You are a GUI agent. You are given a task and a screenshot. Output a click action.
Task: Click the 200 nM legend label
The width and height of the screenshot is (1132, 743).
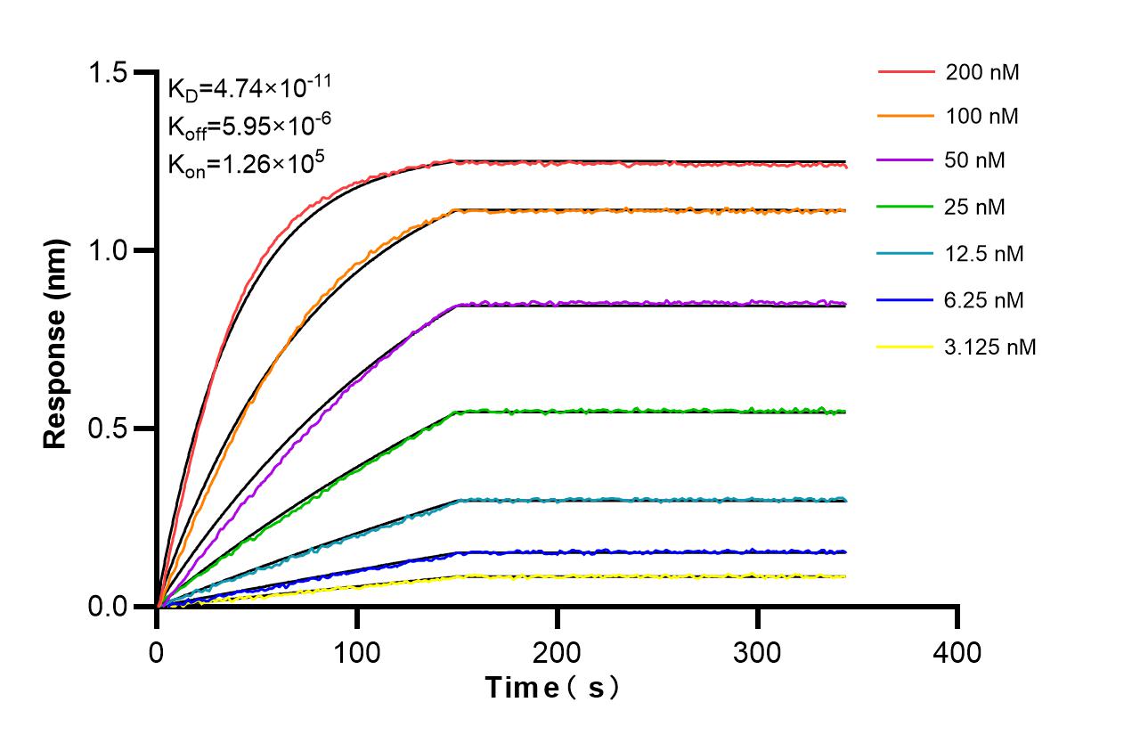pyautogui.click(x=982, y=72)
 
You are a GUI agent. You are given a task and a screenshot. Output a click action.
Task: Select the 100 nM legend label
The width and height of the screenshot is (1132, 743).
pyautogui.click(x=982, y=116)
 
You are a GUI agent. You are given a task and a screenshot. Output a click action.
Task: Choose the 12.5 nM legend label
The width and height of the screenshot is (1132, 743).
pyautogui.click(x=985, y=254)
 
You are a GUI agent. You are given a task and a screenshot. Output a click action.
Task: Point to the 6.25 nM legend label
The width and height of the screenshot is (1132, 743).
pyautogui.click(x=985, y=300)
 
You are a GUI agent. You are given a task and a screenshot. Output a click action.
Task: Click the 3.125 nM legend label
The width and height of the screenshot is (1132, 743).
pyautogui.click(x=990, y=347)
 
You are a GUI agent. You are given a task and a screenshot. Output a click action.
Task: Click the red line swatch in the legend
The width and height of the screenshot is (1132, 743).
pyautogui.click(x=907, y=71)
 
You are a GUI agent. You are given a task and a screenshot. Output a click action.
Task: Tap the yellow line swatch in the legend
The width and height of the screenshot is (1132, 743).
pyautogui.click(x=907, y=347)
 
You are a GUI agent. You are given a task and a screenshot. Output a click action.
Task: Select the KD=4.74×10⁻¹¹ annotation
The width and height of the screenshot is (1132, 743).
pyautogui.click(x=249, y=88)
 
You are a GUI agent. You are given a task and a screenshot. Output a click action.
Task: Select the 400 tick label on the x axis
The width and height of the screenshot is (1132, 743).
pyautogui.click(x=957, y=652)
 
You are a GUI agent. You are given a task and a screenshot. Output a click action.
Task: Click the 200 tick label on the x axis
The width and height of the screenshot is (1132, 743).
pyautogui.click(x=558, y=652)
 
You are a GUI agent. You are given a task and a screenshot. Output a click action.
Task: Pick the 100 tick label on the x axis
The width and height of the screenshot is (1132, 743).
pyautogui.click(x=357, y=652)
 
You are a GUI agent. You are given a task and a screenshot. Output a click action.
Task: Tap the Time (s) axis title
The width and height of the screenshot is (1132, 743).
pyautogui.click(x=552, y=688)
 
